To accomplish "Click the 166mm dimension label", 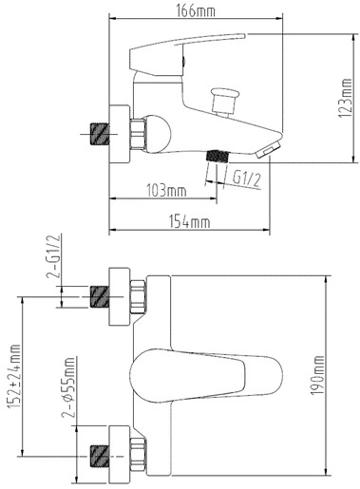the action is coord(196,10).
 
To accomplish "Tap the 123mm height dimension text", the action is coord(345,99).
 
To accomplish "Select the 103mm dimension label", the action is coord(166,191).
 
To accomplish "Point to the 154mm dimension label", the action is coord(189,221).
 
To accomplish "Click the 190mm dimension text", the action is coord(317,375).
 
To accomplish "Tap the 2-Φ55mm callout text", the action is coord(69,387).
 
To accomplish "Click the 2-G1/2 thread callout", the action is coord(53,256).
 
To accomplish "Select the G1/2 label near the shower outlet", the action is coord(247,179).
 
